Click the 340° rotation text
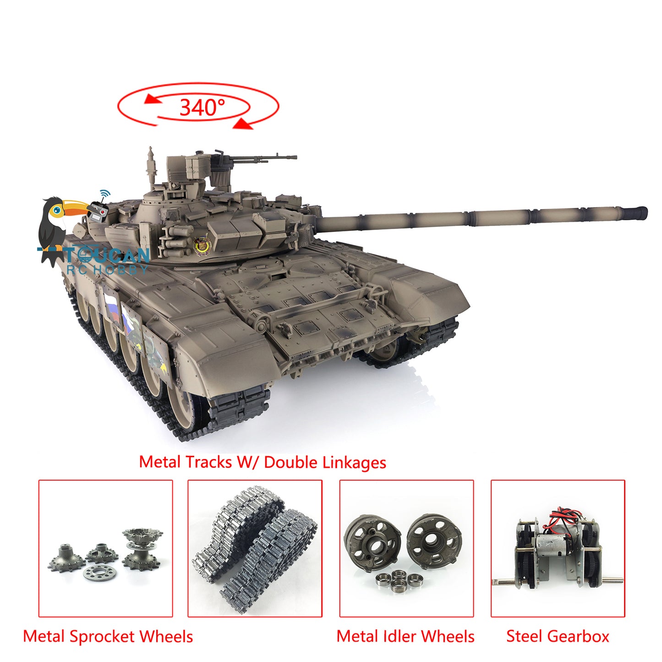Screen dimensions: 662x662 pyautogui.click(x=202, y=107)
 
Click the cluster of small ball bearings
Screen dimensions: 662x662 pyautogui.click(x=399, y=580)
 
